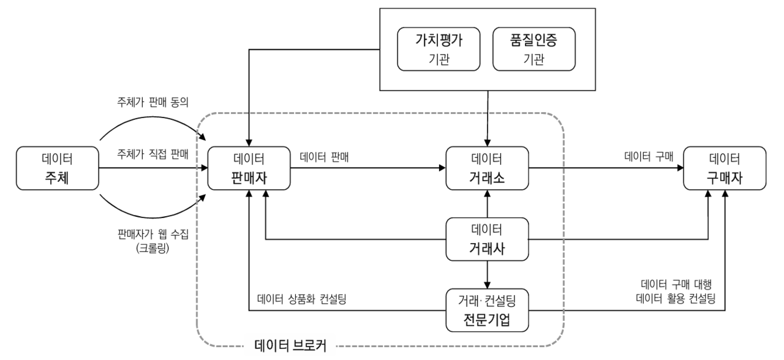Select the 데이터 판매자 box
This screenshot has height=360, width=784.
point(249,168)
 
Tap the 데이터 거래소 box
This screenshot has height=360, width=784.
point(487,168)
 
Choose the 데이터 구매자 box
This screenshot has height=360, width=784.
point(725,168)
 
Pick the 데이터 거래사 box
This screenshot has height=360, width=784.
point(487,239)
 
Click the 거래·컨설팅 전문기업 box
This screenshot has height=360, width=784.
point(487,310)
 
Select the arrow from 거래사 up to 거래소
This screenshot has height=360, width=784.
point(487,203)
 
